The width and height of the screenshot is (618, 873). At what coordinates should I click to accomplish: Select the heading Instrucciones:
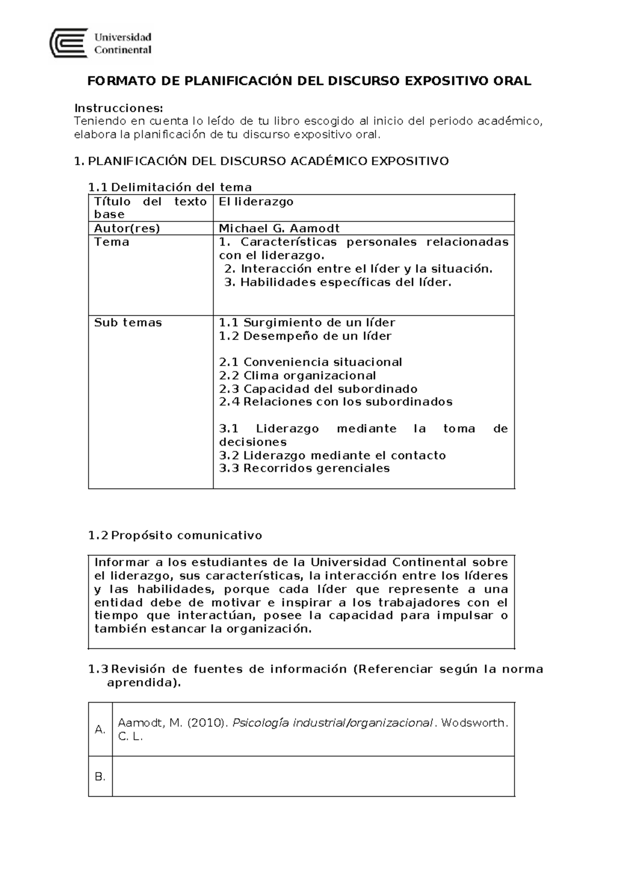click(x=118, y=108)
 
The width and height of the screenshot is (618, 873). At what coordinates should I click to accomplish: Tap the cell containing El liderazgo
click(x=256, y=202)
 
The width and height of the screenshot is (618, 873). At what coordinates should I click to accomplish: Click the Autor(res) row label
click(x=127, y=229)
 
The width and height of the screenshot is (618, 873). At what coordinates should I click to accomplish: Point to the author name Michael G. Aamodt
click(x=279, y=229)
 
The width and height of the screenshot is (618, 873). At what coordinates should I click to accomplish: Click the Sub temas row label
click(x=128, y=323)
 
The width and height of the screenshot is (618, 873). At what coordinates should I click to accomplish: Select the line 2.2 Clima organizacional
click(x=297, y=376)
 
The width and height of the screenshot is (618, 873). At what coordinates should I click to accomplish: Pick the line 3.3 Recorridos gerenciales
click(x=304, y=468)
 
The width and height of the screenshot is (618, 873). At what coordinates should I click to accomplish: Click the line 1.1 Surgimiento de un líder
click(x=307, y=323)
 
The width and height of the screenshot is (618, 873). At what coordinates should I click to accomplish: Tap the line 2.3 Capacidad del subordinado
click(x=318, y=389)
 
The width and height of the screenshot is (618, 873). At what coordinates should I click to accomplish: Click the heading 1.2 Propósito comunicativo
click(x=175, y=535)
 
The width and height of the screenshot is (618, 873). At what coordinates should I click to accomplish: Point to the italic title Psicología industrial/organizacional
click(x=332, y=723)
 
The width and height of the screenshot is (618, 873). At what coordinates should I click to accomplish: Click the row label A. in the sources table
click(x=100, y=729)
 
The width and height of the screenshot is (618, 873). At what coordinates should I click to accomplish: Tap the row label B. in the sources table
click(x=100, y=777)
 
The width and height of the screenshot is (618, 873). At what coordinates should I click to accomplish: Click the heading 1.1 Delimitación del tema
click(x=170, y=187)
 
